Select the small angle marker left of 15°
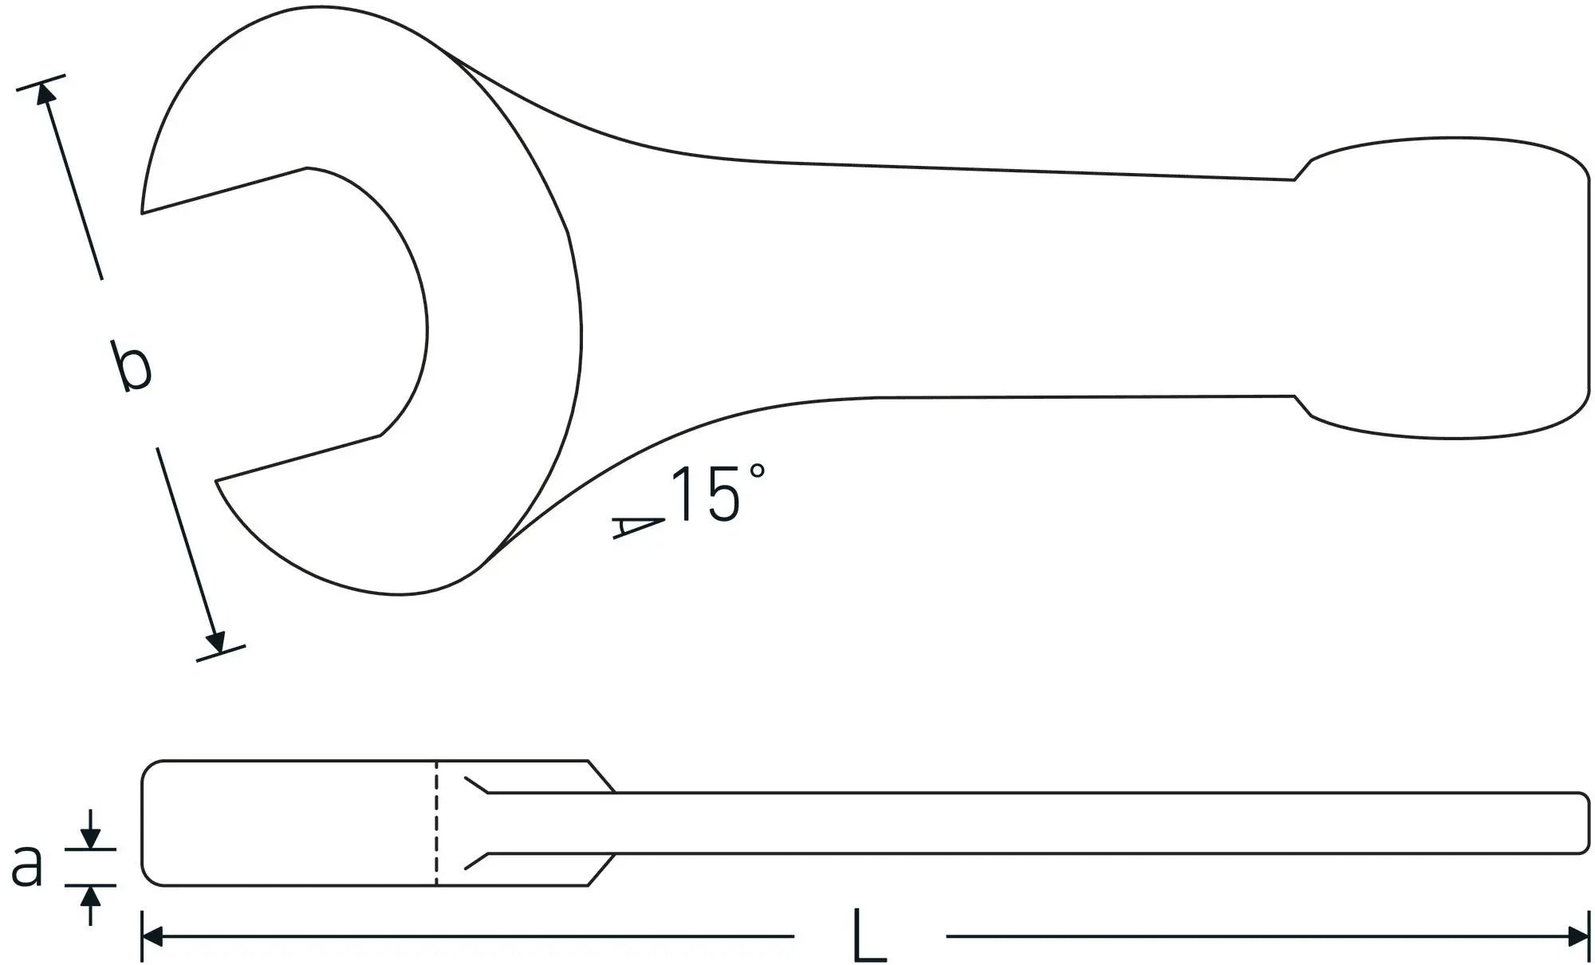[638, 527]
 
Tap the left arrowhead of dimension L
[152, 936]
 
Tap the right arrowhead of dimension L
[1579, 936]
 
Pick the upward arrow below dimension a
[91, 898]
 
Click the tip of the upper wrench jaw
[144, 211]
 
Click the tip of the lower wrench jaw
[218, 482]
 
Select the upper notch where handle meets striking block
[1302, 170]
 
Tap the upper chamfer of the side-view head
[601, 776]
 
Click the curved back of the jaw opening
[426, 327]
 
